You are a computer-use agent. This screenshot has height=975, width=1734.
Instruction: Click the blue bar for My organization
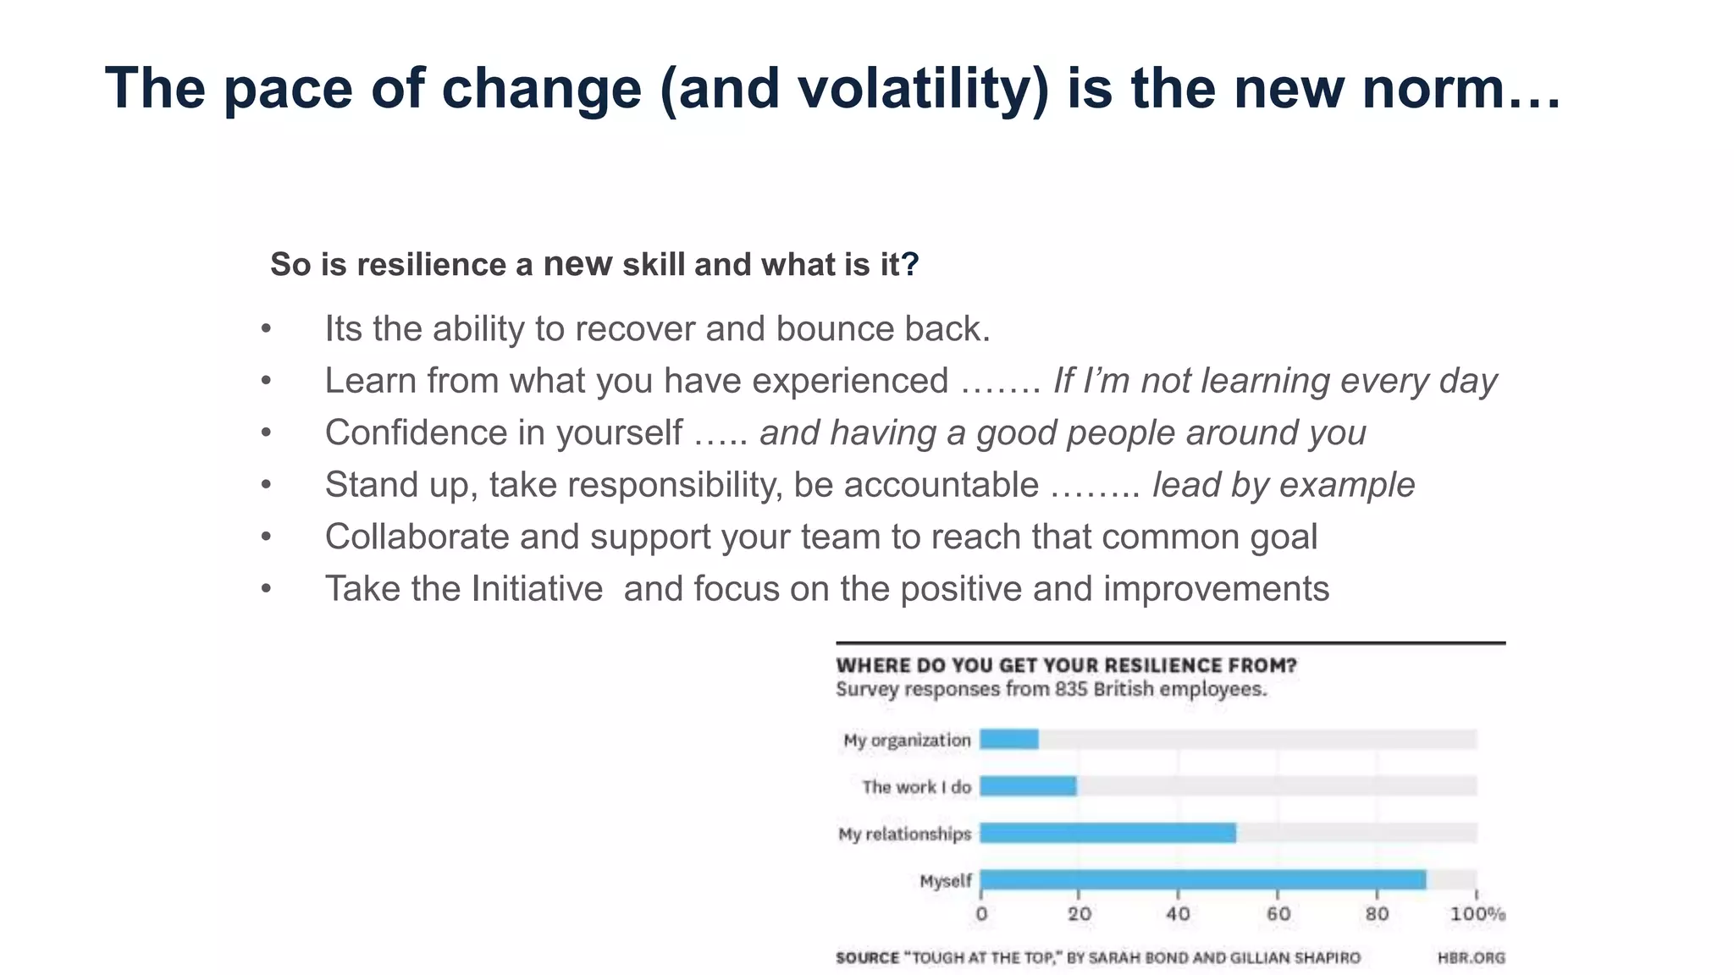pos(1009,739)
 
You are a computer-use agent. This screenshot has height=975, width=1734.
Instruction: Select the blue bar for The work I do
pos(1028,786)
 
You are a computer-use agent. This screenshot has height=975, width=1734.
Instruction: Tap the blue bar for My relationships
pos(1107,833)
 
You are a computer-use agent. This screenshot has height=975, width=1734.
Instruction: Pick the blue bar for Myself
pos(1202,880)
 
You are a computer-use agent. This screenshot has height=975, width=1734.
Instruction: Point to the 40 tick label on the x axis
pos(1178,914)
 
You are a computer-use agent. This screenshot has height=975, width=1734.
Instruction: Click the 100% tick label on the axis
pos(1477,914)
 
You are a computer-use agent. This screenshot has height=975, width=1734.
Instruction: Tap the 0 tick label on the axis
pos(981,914)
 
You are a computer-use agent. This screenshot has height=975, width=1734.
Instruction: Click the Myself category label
pos(945,881)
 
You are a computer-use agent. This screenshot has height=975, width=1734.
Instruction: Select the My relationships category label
pos(904,834)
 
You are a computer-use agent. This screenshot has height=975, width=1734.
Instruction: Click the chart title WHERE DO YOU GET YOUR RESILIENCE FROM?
pos(1066,665)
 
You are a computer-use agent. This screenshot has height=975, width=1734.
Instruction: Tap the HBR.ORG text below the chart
pos(1471,958)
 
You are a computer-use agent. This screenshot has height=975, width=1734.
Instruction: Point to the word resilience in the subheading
pos(431,265)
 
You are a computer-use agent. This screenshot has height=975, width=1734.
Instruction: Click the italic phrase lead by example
pos(1283,485)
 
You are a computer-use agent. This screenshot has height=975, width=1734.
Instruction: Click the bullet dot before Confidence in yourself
pos(266,433)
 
